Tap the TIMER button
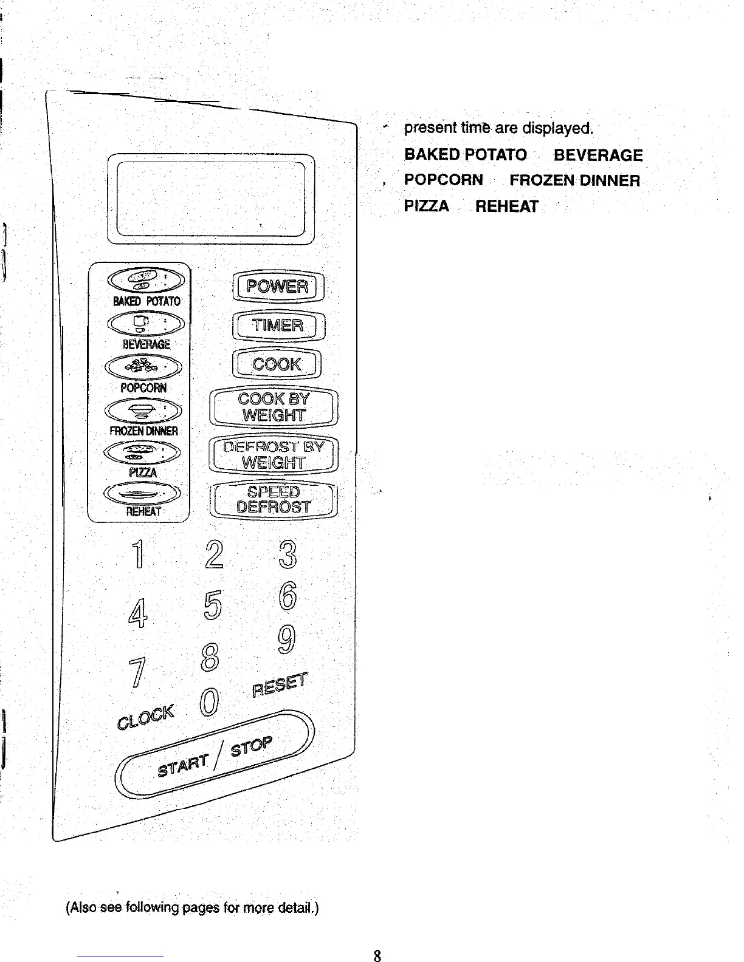pyautogui.click(x=278, y=326)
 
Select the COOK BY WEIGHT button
pyautogui.click(x=274, y=407)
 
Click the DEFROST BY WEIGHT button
pyautogui.click(x=274, y=455)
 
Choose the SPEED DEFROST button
pyautogui.click(x=274, y=500)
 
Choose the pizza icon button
pyautogui.click(x=143, y=452)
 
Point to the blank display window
pyautogui.click(x=210, y=199)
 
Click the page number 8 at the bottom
pyautogui.click(x=377, y=956)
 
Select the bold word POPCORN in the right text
pyautogui.click(x=444, y=180)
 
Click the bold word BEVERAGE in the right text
pyautogui.click(x=598, y=155)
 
